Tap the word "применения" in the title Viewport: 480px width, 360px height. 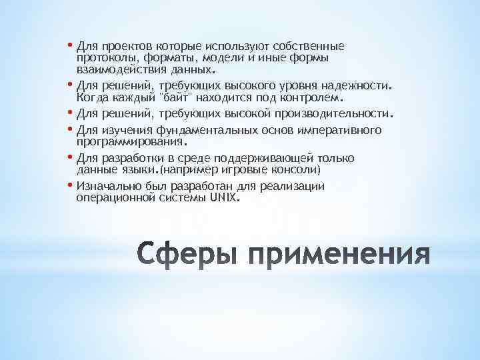(339, 254)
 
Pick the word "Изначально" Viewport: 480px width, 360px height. (108, 186)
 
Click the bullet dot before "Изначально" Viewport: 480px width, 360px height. (71, 185)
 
